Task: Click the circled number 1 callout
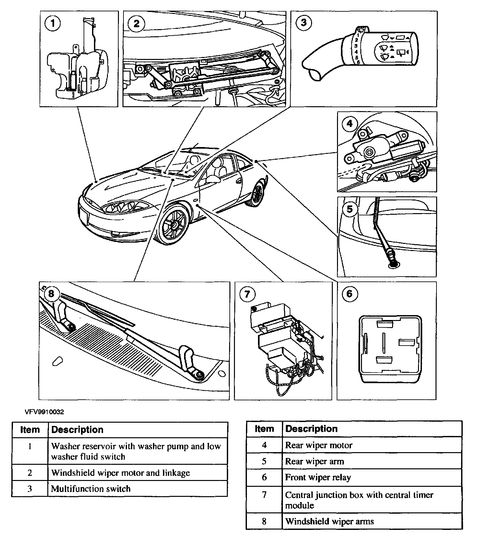coord(53,24)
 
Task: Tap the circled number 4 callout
coord(349,124)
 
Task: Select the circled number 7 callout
coord(247,294)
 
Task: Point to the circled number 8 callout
coord(52,293)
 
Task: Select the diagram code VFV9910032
coord(44,412)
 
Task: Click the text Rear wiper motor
coord(319,445)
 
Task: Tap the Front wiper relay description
coord(318,477)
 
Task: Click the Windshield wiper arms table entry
coord(329,521)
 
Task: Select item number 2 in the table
coord(30,473)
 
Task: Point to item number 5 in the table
coord(264,461)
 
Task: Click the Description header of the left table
coord(77,430)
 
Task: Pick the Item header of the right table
coord(264,429)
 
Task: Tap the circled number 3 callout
coord(304,23)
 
